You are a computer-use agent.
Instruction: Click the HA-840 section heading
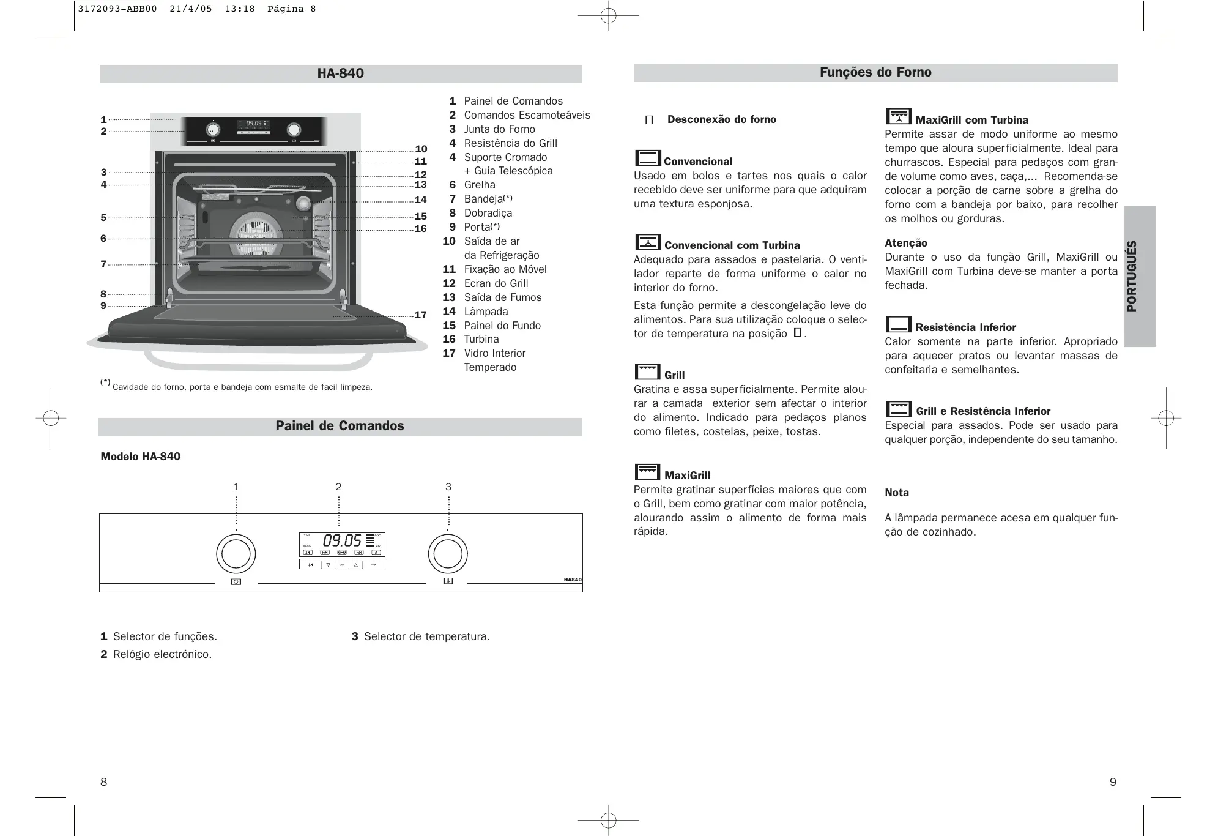click(340, 73)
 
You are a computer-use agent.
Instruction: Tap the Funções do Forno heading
click(875, 72)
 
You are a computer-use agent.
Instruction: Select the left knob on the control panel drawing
click(236, 554)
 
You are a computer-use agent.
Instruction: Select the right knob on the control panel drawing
click(448, 554)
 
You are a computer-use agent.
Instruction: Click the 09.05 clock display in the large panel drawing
click(342, 540)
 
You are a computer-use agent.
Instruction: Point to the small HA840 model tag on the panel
click(573, 580)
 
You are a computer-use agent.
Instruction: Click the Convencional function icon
click(647, 158)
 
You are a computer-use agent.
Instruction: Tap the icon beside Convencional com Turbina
click(648, 242)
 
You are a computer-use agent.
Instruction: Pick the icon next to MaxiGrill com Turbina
click(899, 116)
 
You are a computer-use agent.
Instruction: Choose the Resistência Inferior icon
click(898, 324)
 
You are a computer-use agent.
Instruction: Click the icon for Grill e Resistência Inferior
click(899, 408)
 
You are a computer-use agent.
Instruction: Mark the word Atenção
click(905, 243)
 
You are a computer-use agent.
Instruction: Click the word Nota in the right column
click(896, 493)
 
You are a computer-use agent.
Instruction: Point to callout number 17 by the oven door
click(420, 315)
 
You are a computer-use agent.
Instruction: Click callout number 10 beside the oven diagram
click(421, 149)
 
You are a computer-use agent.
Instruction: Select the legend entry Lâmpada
click(486, 312)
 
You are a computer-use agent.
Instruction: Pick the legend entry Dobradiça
click(488, 213)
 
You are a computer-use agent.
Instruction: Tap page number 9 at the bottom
click(1113, 782)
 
